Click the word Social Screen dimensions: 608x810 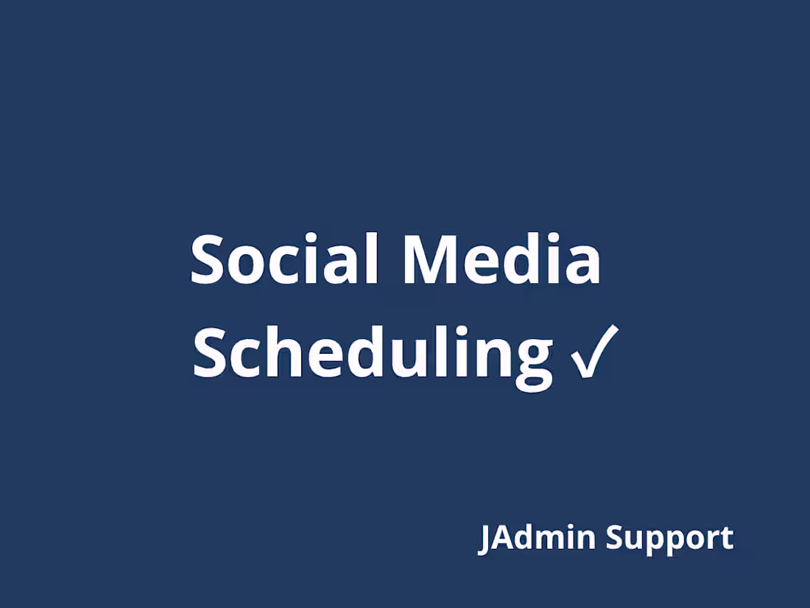pyautogui.click(x=284, y=259)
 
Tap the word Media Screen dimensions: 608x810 pyautogui.click(x=501, y=259)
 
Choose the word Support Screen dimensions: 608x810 pyautogui.click(x=669, y=539)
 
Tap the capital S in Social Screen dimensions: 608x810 pyautogui.click(x=208, y=260)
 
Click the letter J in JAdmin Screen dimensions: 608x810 pyautogui.click(x=485, y=539)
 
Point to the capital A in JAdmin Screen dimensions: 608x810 pyautogui.click(x=503, y=537)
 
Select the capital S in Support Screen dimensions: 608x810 pyautogui.click(x=615, y=537)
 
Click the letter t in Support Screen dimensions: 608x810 pyautogui.click(x=727, y=539)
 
